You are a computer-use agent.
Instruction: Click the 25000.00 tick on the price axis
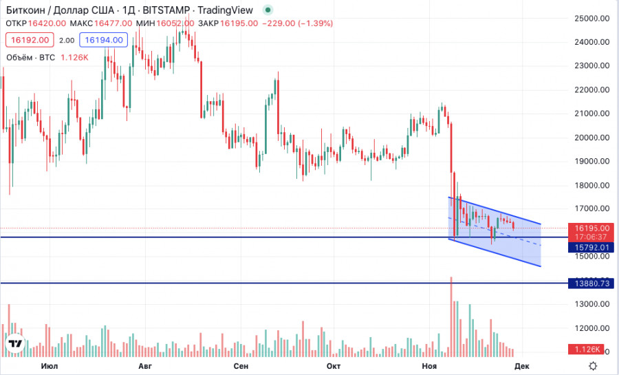(x=591, y=18)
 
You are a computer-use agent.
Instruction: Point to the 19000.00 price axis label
(x=591, y=161)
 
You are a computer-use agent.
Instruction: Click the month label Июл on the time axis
(x=49, y=366)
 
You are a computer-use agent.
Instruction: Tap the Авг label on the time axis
(x=145, y=366)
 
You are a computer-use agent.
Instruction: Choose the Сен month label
(x=241, y=366)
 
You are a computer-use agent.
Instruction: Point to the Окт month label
(x=334, y=366)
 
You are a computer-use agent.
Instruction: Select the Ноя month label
(x=429, y=366)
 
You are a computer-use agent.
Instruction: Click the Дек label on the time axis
(x=521, y=366)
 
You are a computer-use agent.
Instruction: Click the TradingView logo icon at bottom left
(x=15, y=343)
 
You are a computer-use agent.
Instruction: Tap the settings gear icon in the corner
(x=592, y=366)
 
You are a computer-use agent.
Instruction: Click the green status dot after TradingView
(x=268, y=10)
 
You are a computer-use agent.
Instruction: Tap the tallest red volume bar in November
(x=451, y=317)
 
